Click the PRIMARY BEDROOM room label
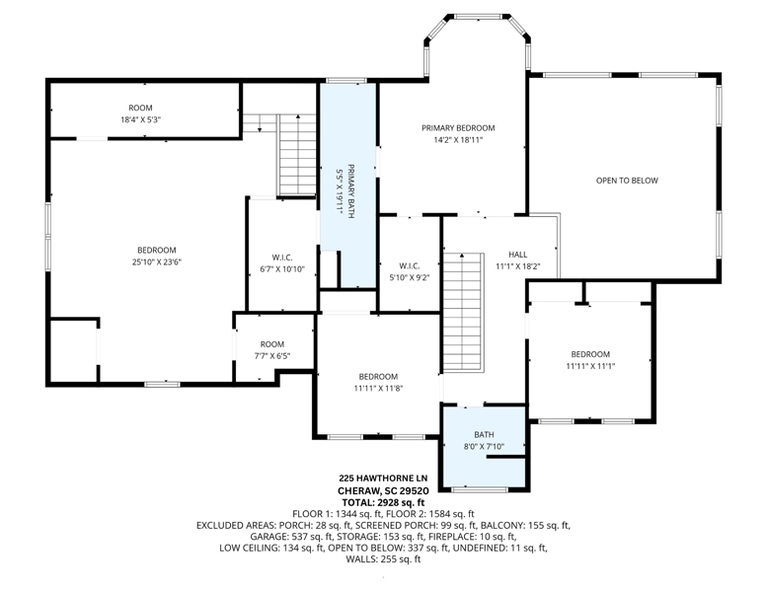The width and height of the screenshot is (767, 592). pyautogui.click(x=458, y=128)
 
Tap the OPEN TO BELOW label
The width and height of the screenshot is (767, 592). pyautogui.click(x=627, y=181)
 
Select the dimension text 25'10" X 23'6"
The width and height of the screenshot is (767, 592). pyautogui.click(x=157, y=262)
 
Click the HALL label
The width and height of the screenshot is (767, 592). pyautogui.click(x=517, y=255)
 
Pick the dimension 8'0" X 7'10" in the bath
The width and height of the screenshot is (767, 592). pyautogui.click(x=484, y=446)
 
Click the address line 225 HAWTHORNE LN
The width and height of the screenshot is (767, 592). pyautogui.click(x=383, y=479)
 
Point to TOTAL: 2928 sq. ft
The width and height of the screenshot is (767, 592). pyautogui.click(x=383, y=502)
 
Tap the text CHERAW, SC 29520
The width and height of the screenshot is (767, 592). pyautogui.click(x=383, y=490)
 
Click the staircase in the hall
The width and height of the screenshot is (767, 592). pyautogui.click(x=463, y=313)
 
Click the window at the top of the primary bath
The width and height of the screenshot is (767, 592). pyautogui.click(x=346, y=80)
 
